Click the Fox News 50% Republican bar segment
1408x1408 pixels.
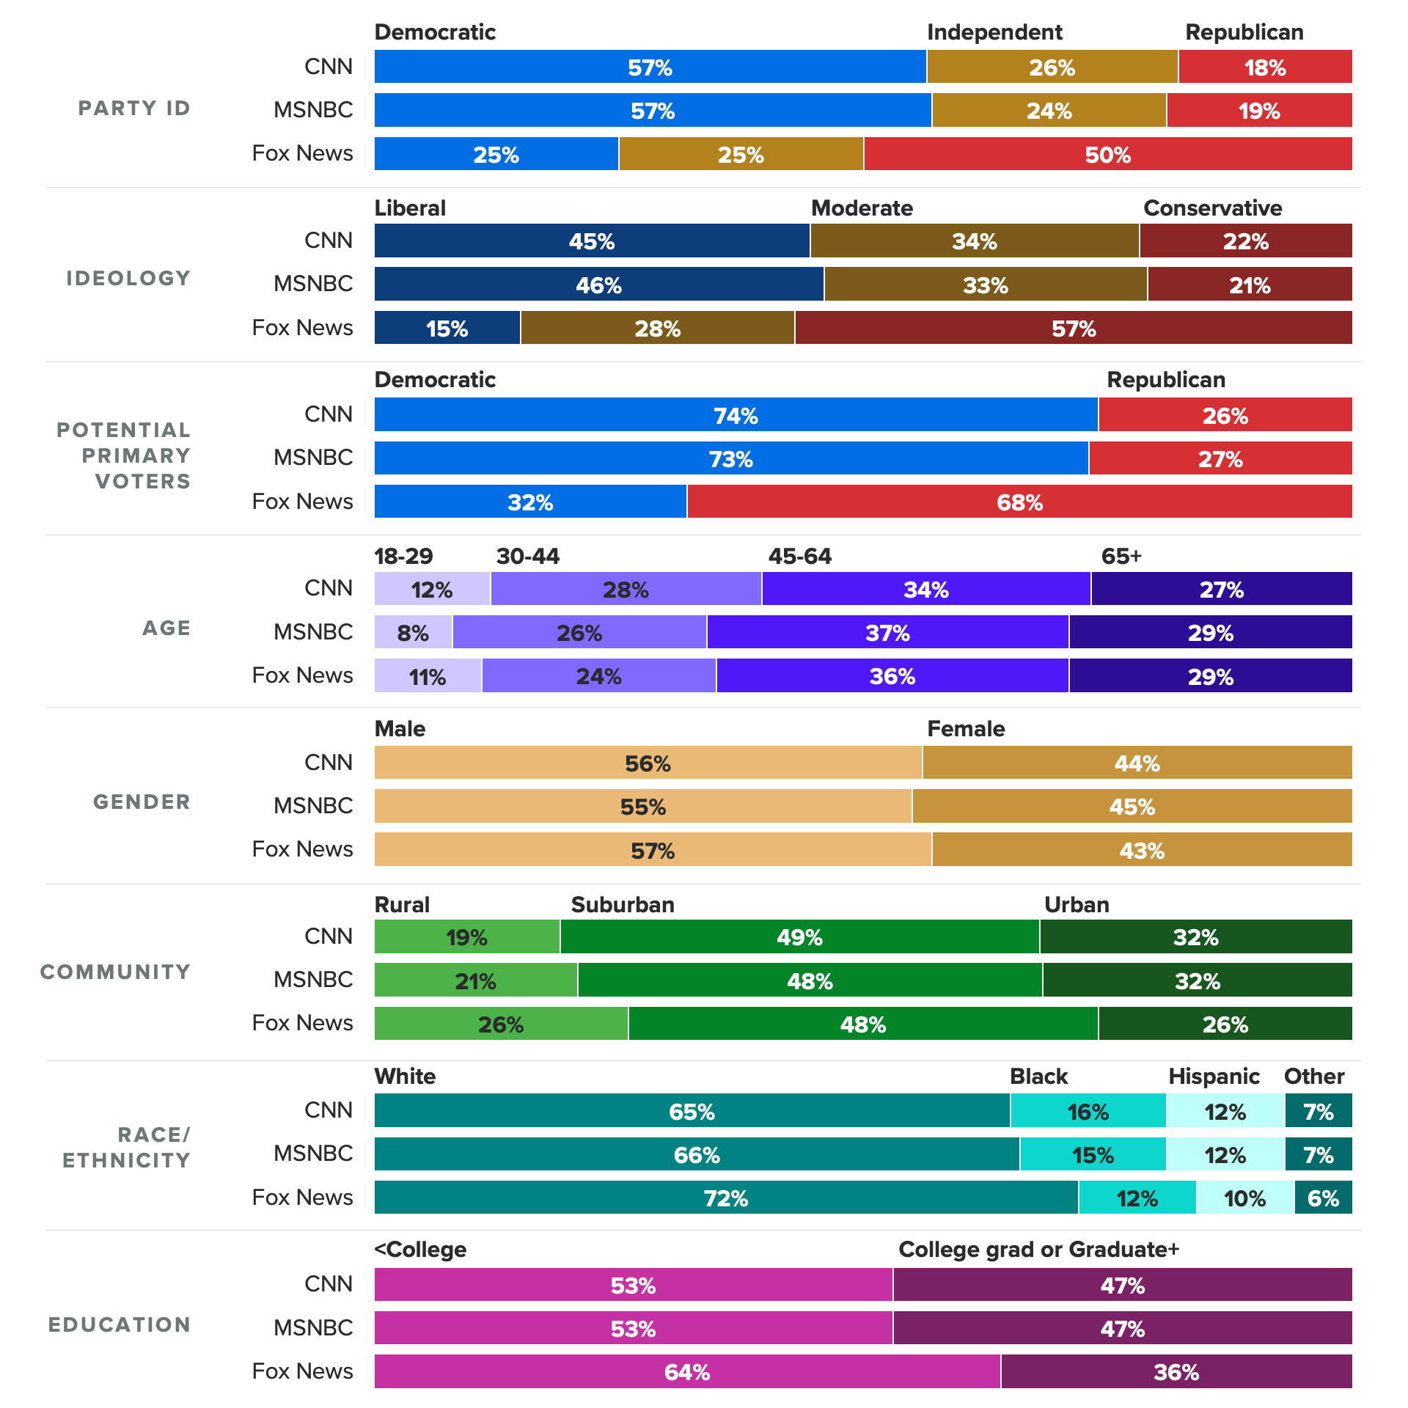[x=1107, y=154]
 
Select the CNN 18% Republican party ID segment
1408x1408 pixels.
[x=1265, y=67]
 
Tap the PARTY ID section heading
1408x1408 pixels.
[x=134, y=109]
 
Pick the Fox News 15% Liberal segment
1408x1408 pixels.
[x=447, y=328]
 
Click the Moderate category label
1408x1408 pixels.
[x=862, y=208]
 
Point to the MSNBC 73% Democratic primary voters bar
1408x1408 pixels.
[x=731, y=458]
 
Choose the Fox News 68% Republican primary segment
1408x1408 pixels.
[x=1019, y=502]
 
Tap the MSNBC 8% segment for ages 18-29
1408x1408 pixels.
[x=413, y=632]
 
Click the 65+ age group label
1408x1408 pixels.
[x=1121, y=557]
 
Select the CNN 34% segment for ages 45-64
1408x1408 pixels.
[x=926, y=589]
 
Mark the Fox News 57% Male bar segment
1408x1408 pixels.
[x=653, y=850]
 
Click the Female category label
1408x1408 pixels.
[x=966, y=729]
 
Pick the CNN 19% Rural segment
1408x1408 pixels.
[x=467, y=937]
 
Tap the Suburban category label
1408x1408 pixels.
[x=623, y=905]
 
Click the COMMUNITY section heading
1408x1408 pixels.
[x=115, y=972]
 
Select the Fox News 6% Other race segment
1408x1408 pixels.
[x=1323, y=1198]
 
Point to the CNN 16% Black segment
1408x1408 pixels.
[x=1088, y=1111]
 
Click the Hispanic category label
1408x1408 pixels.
[x=1214, y=1077]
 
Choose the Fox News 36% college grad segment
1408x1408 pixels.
[x=1176, y=1371]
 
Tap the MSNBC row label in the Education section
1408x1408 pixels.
[x=313, y=1328]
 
